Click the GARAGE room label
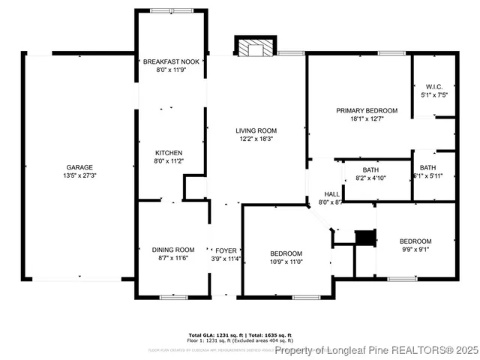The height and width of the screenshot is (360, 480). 79,166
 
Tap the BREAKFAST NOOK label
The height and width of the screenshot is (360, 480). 172,61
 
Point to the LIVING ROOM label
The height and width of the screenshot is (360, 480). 256,130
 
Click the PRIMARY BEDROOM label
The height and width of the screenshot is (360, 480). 367,110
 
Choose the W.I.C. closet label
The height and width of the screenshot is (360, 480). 433,85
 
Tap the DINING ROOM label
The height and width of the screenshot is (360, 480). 173,250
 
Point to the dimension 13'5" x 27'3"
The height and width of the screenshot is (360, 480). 79,175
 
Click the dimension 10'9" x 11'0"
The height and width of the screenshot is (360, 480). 286,262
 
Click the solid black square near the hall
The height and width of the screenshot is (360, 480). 364,237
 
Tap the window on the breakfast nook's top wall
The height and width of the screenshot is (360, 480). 170,10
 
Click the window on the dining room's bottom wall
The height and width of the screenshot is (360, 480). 174,298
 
